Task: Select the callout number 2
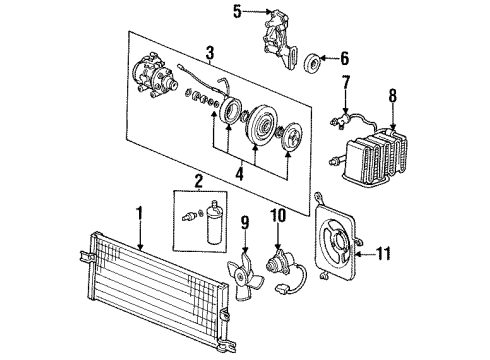pos(199,182)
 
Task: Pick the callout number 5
pos(236,13)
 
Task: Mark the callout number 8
pos(393,98)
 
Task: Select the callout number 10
pos(277,213)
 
